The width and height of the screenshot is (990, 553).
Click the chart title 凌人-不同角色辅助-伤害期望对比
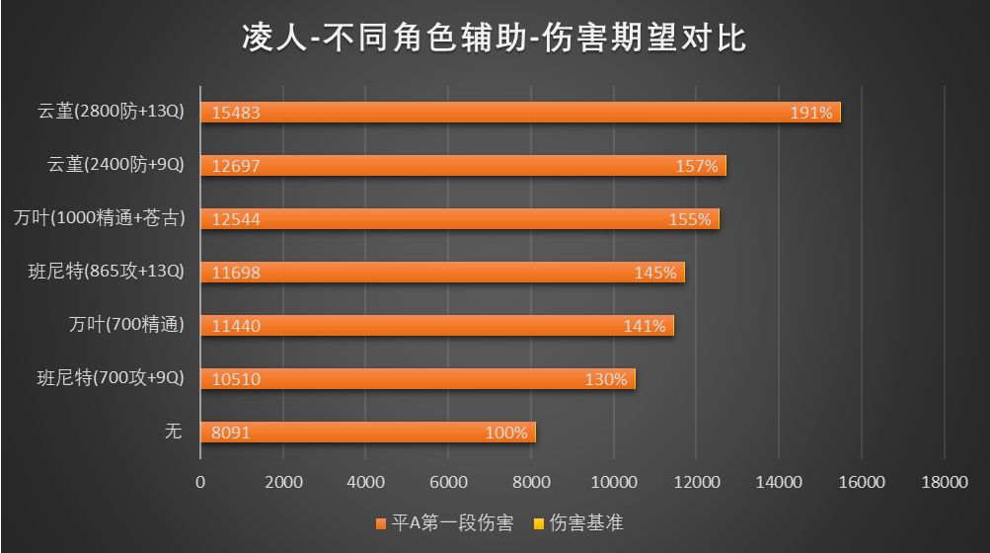[495, 38]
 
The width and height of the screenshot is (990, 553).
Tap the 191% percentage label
[811, 113]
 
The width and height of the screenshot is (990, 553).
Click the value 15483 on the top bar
[236, 113]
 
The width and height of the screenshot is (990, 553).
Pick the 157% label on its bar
[697, 166]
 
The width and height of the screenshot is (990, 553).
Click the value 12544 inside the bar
[236, 219]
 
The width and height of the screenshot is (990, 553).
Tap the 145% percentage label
[655, 273]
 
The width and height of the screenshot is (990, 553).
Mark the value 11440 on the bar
[236, 326]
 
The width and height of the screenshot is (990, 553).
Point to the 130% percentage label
[606, 379]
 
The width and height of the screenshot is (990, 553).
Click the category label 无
[174, 431]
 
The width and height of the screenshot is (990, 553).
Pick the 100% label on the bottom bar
[506, 433]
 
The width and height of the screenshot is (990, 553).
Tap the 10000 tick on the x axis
[613, 482]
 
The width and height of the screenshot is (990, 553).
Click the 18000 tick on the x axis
[944, 482]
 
